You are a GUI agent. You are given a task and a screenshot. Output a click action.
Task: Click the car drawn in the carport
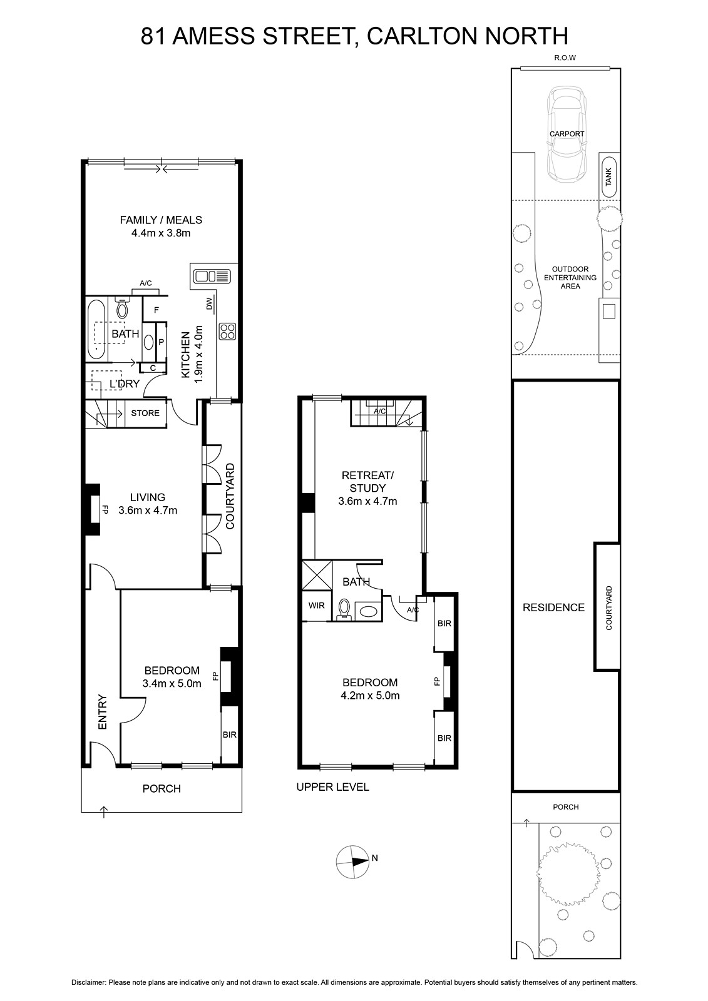click(567, 134)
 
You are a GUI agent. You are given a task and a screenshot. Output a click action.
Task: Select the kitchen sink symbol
click(212, 276)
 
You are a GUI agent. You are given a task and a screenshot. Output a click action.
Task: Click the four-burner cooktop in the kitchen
click(227, 331)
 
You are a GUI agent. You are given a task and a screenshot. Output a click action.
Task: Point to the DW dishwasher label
click(209, 304)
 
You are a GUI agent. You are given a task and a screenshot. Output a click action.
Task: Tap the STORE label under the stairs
click(145, 413)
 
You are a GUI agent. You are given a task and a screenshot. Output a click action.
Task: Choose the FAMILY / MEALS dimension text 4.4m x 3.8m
click(161, 233)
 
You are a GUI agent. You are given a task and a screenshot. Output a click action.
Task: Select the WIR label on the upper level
click(317, 606)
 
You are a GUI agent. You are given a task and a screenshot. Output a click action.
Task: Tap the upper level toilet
click(344, 609)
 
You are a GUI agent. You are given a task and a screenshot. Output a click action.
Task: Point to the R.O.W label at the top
click(565, 58)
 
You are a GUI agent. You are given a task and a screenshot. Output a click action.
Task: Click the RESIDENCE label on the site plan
click(554, 607)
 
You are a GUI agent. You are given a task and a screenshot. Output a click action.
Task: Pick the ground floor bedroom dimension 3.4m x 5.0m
click(172, 683)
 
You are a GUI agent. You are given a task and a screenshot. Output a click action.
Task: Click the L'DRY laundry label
click(125, 384)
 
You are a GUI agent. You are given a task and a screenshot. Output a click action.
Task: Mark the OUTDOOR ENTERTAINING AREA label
click(570, 278)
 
